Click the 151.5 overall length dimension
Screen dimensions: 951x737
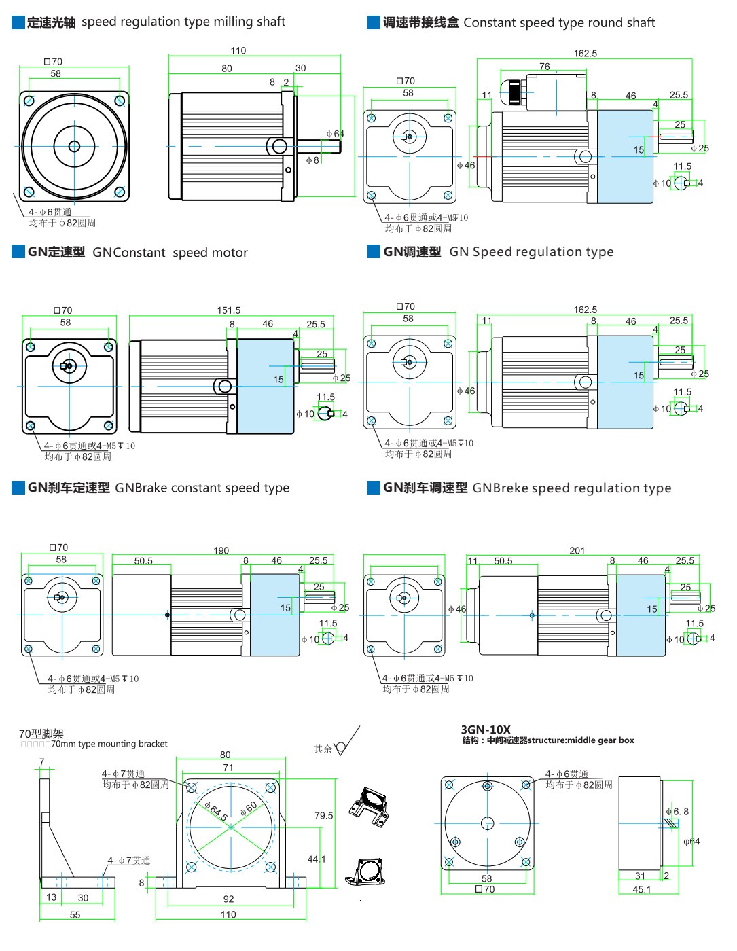229,310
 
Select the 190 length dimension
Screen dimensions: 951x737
221,550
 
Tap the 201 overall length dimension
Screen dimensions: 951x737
577,550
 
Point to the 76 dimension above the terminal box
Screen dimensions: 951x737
545,67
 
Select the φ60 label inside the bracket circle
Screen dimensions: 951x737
249,808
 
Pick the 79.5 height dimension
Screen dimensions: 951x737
323,815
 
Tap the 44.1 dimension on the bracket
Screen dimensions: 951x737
317,859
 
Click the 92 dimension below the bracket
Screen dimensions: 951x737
229,899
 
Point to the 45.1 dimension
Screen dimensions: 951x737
641,889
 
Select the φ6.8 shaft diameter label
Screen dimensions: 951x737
677,811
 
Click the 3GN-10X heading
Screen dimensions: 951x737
486,730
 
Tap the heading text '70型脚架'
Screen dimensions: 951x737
41,734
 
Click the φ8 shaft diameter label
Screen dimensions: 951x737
312,160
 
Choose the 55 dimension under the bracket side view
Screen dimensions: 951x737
75,915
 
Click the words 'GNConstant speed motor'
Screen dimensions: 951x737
170,253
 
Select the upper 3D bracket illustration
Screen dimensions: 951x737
368,805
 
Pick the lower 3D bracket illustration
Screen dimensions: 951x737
367,871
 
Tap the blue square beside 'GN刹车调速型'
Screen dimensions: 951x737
373,488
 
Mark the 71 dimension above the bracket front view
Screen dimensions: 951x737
228,768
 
